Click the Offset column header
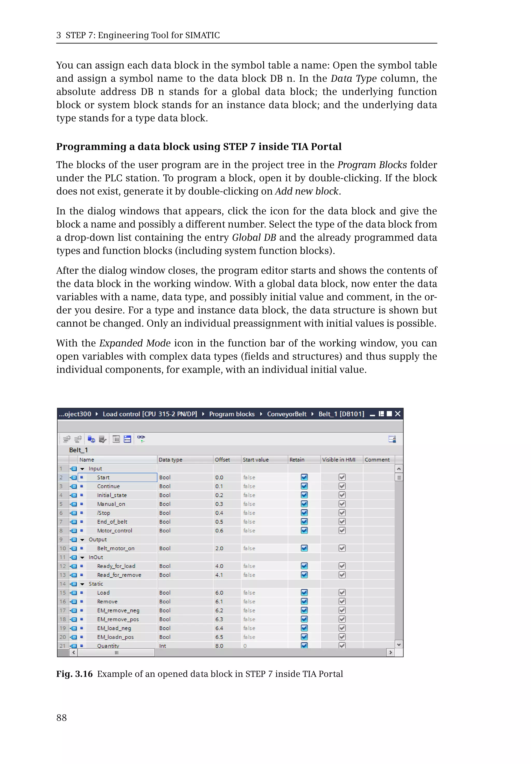coord(222,460)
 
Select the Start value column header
coord(256,460)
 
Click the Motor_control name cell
coord(114,531)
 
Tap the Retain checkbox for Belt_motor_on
coord(304,548)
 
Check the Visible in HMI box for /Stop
coord(342,513)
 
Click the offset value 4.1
coord(219,575)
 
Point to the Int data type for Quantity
coord(163,646)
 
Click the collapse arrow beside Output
coord(82,540)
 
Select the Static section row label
coord(96,584)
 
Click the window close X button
coord(397,414)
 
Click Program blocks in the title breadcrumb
coord(232,414)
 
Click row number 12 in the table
coord(62,566)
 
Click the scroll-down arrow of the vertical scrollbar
coord(399,644)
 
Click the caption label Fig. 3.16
coord(74,674)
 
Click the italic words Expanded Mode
coord(135,343)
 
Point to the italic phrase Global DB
coord(254,237)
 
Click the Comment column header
coord(377,460)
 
